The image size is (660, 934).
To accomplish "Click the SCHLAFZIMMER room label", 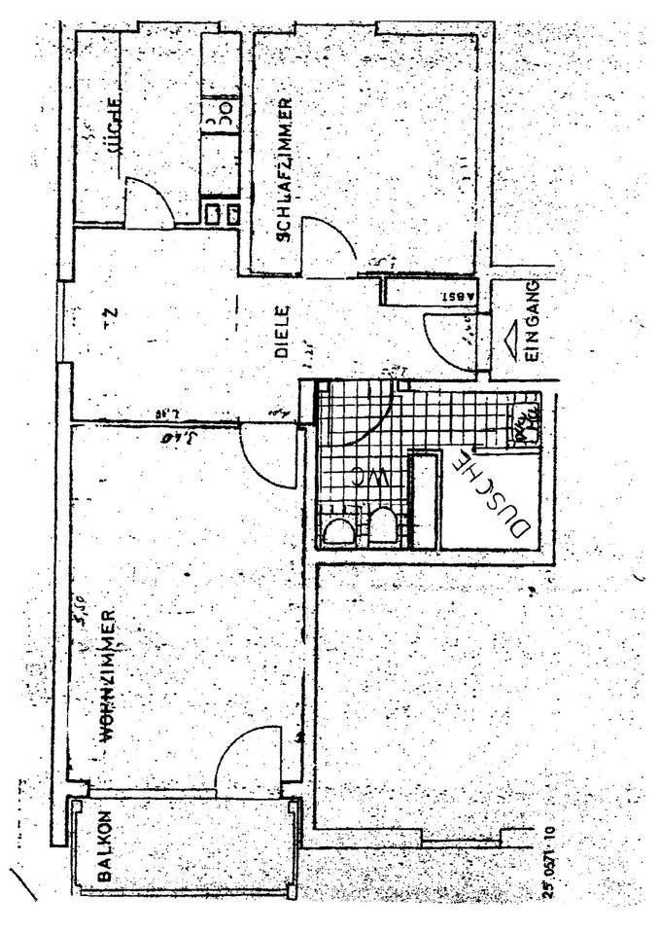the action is click(x=284, y=169).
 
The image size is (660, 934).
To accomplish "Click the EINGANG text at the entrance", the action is click(x=531, y=322).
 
